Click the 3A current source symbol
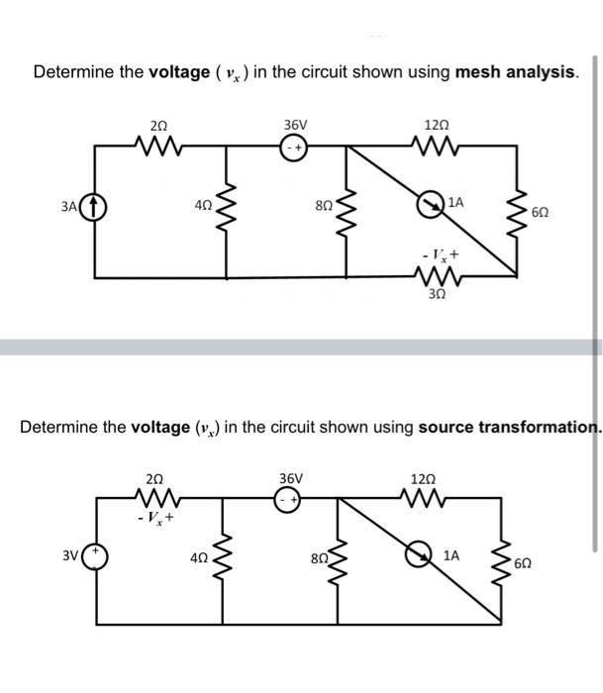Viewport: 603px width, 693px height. [x=97, y=209]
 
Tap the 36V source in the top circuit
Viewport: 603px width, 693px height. [x=294, y=148]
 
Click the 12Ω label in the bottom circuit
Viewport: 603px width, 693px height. [x=421, y=478]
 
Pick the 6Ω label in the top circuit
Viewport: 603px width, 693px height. [x=539, y=213]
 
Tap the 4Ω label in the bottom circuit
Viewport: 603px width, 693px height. [x=201, y=558]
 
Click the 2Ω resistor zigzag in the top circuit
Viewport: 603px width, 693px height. [x=157, y=148]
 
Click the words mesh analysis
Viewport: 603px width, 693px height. [x=514, y=72]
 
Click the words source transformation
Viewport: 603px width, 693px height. [x=509, y=428]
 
